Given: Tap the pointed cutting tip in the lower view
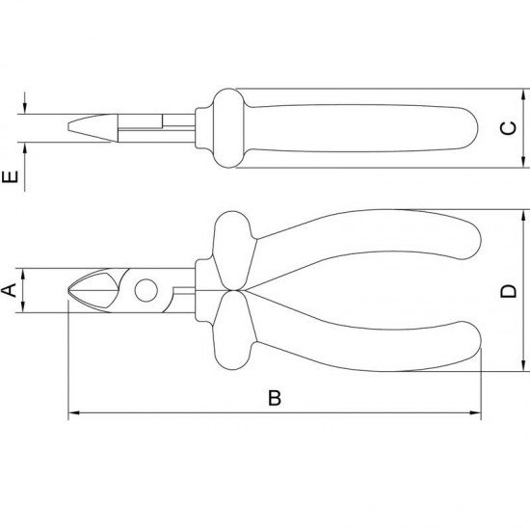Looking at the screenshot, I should point(71,289).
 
